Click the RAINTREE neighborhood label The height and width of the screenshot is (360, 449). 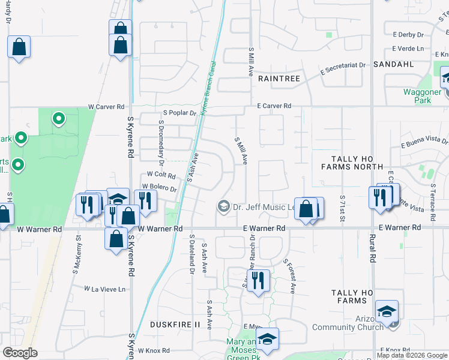pyautogui.click(x=279, y=78)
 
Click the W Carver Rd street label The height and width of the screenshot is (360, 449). pyautogui.click(x=106, y=106)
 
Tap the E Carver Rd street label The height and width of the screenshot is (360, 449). pyautogui.click(x=274, y=106)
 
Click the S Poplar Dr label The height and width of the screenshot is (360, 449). pyautogui.click(x=179, y=112)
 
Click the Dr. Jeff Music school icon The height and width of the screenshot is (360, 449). pyautogui.click(x=224, y=207)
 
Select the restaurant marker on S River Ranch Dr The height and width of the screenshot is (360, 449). pyautogui.click(x=258, y=281)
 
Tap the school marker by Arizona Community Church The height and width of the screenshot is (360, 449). pyautogui.click(x=387, y=311)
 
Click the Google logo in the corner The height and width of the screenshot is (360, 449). pyautogui.click(x=20, y=353)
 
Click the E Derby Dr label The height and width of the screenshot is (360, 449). pyautogui.click(x=408, y=35)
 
